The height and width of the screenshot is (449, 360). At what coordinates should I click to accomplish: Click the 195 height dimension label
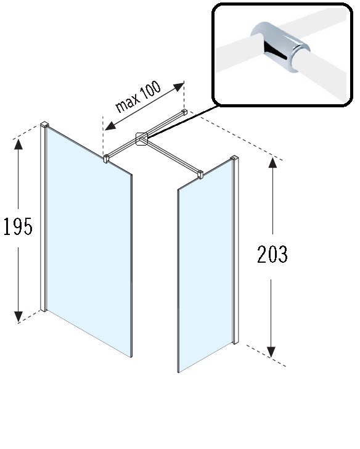point(18,226)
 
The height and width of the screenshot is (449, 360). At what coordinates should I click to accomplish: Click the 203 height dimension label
point(272,254)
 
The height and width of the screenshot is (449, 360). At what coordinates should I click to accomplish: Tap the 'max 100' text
point(138,96)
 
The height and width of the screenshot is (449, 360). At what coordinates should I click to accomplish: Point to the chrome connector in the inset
point(280,47)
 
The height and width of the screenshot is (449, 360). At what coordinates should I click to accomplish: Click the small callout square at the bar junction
point(142,139)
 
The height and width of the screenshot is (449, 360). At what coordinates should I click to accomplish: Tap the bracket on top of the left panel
point(106,159)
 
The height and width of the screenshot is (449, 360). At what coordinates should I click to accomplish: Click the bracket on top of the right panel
point(200,175)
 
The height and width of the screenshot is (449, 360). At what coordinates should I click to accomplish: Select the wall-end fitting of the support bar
point(185,112)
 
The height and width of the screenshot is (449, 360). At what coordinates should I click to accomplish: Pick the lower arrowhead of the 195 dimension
point(18,316)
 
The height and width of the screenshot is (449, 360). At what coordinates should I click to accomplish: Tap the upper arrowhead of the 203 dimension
point(272,162)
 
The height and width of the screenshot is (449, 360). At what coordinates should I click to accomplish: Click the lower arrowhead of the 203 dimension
point(271,352)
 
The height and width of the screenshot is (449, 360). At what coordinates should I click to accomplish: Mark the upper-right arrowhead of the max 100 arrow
point(179,86)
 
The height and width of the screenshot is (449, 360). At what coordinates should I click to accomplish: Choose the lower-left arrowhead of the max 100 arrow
point(110,126)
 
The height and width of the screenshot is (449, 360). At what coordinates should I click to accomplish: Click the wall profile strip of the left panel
point(43,218)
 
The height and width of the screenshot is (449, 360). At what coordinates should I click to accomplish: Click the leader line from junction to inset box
point(182,121)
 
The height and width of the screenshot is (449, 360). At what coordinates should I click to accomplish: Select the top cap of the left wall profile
point(44,125)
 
